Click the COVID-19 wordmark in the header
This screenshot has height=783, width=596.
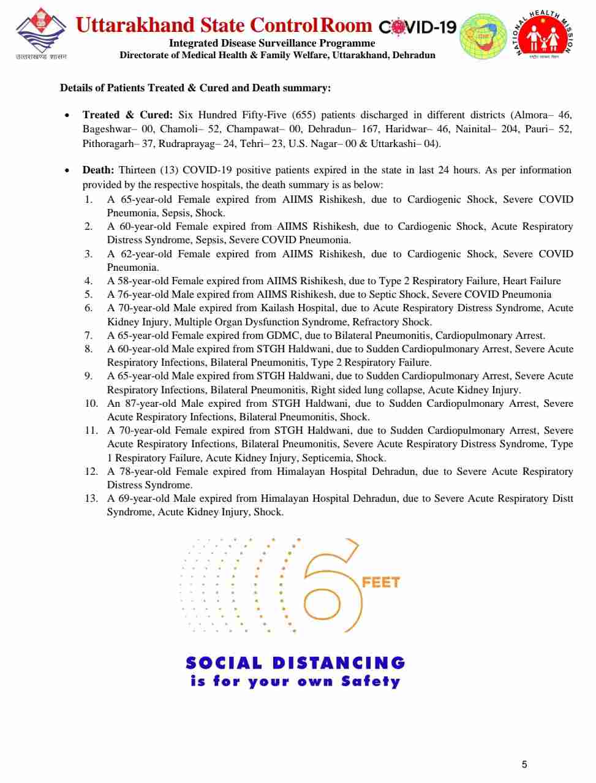click(x=418, y=27)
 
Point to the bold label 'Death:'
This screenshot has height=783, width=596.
click(x=98, y=170)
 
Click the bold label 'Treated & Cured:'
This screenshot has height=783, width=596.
click(x=127, y=115)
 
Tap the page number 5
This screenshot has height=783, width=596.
click(x=524, y=764)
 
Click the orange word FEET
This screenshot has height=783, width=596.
click(x=380, y=582)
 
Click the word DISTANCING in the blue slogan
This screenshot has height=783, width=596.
click(x=338, y=663)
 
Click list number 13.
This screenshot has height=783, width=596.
click(x=91, y=498)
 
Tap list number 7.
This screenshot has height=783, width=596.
click(x=88, y=335)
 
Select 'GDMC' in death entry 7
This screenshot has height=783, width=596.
click(x=283, y=335)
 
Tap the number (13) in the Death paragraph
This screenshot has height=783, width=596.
click(x=168, y=170)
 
